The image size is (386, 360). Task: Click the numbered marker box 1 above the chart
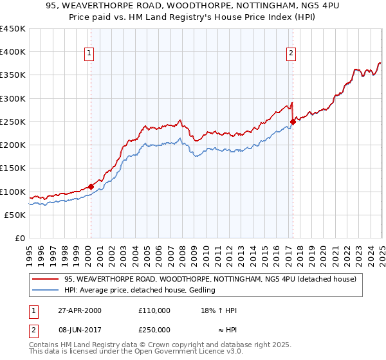[90, 53]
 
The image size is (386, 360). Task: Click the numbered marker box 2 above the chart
[291, 53]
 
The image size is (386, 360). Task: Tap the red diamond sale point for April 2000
[91, 187]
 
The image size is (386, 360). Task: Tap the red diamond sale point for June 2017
[293, 122]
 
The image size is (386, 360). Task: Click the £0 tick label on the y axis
[20, 239]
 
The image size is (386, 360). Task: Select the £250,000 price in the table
[154, 329]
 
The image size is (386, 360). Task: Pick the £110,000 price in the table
[154, 310]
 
